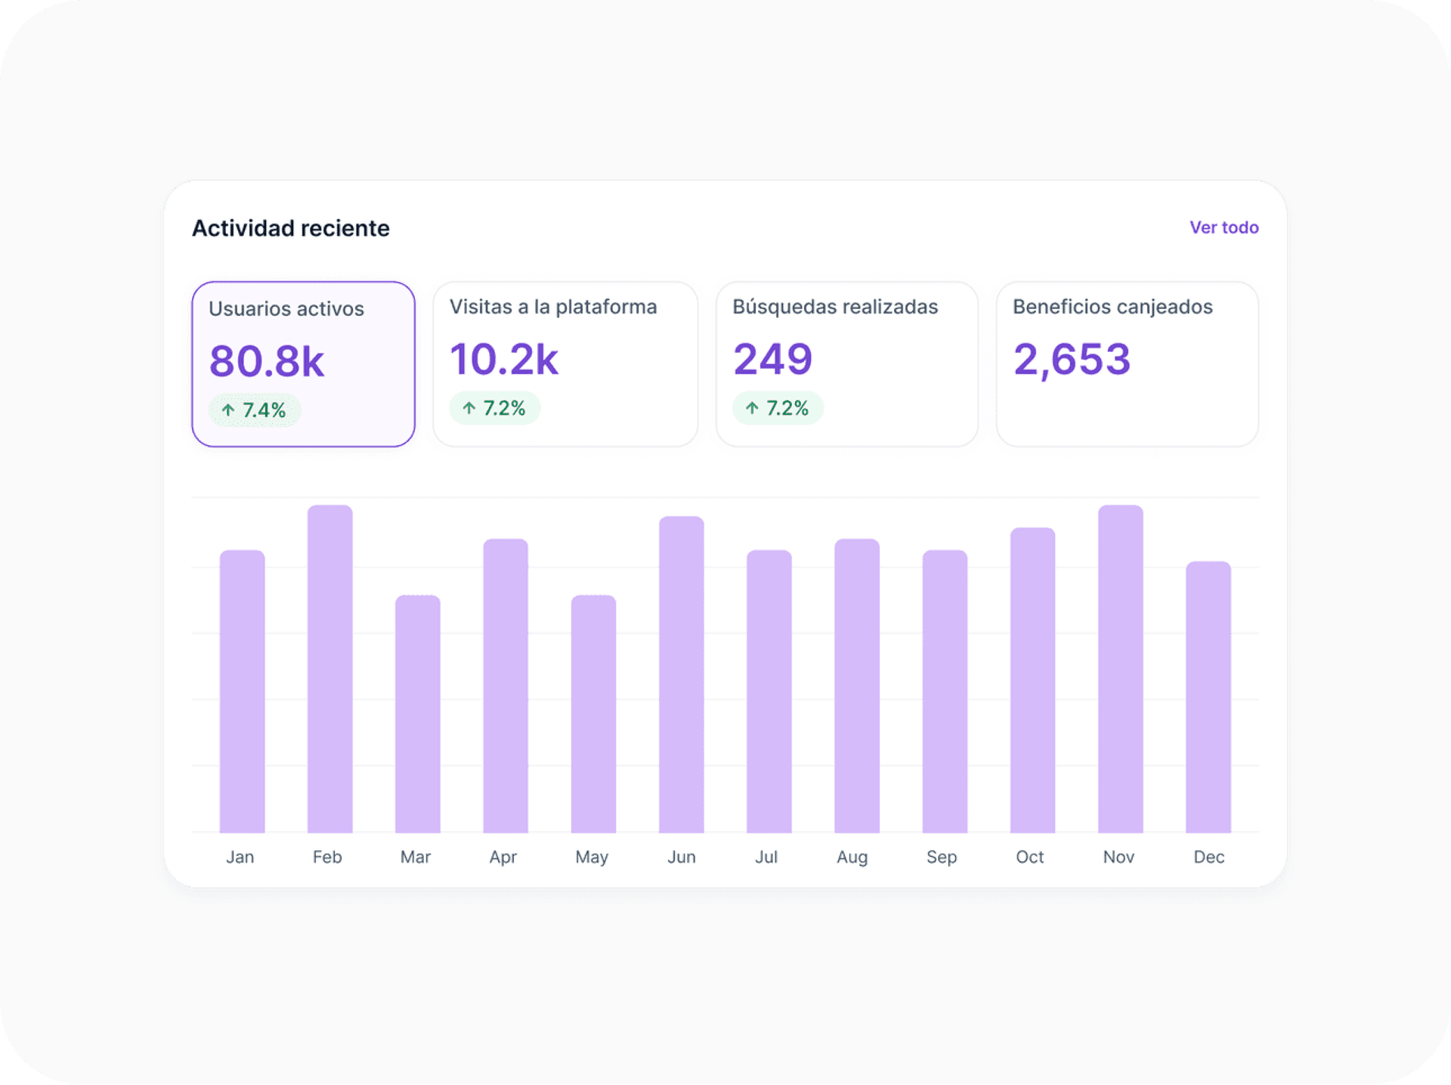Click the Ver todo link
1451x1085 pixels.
[x=1224, y=227]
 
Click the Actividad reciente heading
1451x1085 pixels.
[x=290, y=228]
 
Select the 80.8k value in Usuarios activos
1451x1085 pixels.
[x=266, y=361]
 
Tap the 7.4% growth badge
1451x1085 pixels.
[x=255, y=410]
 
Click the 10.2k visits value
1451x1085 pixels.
[x=503, y=359]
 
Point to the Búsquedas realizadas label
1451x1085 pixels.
[x=834, y=307]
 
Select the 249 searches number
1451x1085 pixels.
[x=772, y=359]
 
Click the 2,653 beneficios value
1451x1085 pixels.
[x=1071, y=359]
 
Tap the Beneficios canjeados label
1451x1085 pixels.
[x=1112, y=307]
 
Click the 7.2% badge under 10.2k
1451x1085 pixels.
[x=495, y=408]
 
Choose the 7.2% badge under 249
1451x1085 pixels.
[x=778, y=408]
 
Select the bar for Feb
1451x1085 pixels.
[x=329, y=669]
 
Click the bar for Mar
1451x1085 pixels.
[x=417, y=714]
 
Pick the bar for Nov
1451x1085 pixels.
[x=1120, y=669]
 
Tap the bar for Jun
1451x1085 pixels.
[x=681, y=674]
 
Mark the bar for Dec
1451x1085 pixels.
[x=1208, y=697]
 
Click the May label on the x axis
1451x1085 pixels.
[x=591, y=857]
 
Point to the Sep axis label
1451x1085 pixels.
[x=942, y=857]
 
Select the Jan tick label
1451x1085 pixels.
[x=240, y=857]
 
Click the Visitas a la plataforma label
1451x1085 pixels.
[x=552, y=307]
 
